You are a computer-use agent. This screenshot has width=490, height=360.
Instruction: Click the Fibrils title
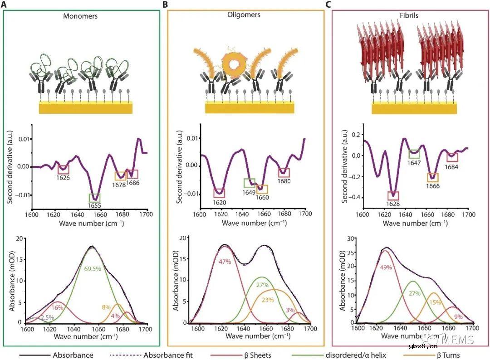(409, 15)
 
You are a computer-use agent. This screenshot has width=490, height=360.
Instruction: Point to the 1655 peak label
(94, 205)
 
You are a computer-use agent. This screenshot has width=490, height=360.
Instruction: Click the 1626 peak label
(64, 178)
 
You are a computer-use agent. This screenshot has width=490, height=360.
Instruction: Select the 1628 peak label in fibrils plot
(393, 204)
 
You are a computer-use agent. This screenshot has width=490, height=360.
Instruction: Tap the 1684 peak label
(451, 165)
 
